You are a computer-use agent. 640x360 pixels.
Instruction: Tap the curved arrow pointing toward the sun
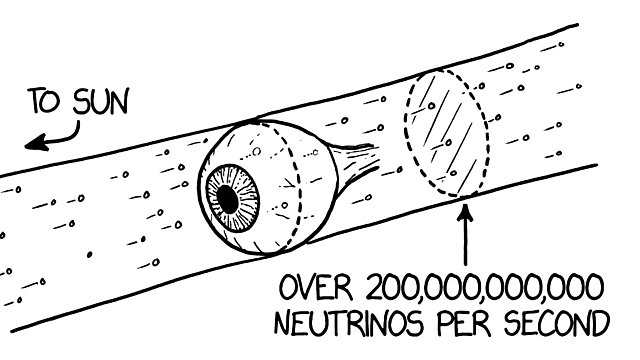click(55, 137)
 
